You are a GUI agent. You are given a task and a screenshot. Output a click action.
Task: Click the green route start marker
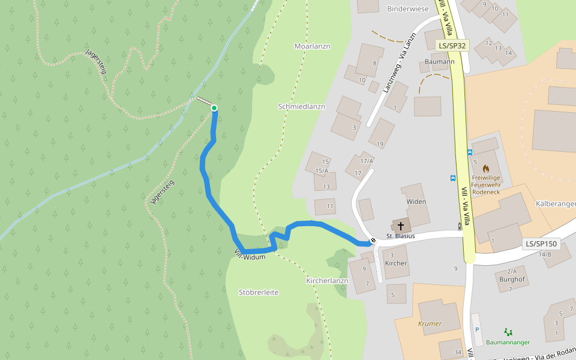coord(214,108)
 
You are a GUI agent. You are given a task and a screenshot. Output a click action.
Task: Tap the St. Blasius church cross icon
coord(400,226)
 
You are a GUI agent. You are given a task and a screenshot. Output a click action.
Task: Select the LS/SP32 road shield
coord(452,45)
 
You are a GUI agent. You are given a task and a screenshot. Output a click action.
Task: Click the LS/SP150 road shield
coord(541,244)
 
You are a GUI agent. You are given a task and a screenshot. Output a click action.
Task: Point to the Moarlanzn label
coord(313,46)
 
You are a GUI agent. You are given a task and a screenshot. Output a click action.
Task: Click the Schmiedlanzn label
coord(302,106)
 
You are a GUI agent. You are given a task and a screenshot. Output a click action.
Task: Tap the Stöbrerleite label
coord(259,292)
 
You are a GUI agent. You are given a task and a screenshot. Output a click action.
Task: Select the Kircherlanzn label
coord(327,280)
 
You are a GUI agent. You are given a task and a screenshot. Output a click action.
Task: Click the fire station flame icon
coord(485,169)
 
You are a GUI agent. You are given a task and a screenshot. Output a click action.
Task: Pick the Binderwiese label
coord(408,9)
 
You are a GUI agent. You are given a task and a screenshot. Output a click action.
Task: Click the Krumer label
coord(430,323)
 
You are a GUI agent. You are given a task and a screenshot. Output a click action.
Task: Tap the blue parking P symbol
coord(478,329)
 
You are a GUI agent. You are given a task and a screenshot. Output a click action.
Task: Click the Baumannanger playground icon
coord(508,331)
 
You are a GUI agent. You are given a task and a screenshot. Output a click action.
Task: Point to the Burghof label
coord(512,279)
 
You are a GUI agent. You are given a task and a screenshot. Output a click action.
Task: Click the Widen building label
coord(416,202)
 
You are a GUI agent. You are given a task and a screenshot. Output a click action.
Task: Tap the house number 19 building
coord(380,143)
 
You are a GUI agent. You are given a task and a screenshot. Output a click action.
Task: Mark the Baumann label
coord(439,62)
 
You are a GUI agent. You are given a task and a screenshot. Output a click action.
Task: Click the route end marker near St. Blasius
coord(373,241)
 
